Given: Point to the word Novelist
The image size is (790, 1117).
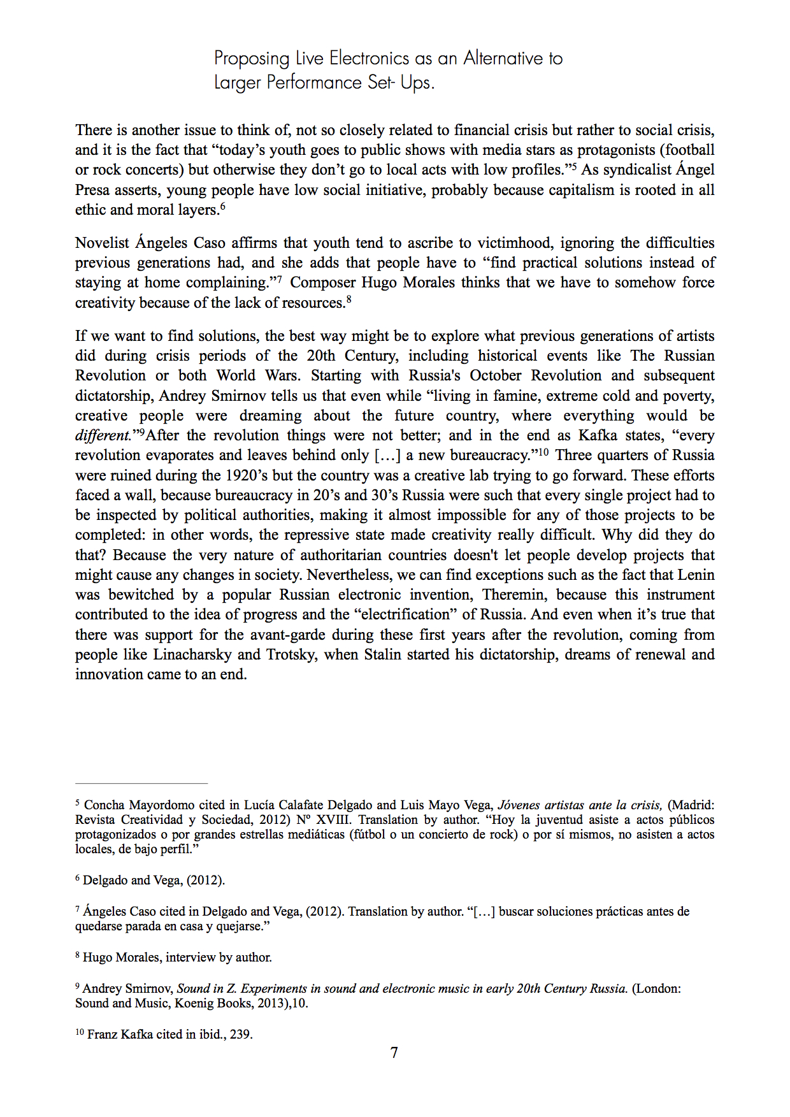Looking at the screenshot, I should pos(103,243).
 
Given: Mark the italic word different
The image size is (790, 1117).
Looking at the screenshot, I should pos(103,436).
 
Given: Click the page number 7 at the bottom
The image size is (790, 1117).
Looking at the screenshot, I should pos(394,1053).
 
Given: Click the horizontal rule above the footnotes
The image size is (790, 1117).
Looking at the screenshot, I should pos(141,782).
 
